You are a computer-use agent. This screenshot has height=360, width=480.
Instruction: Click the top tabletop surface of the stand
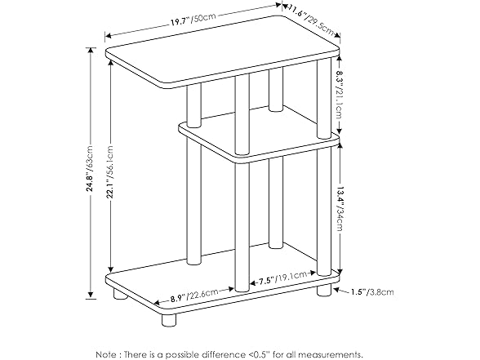click(x=220, y=61)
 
